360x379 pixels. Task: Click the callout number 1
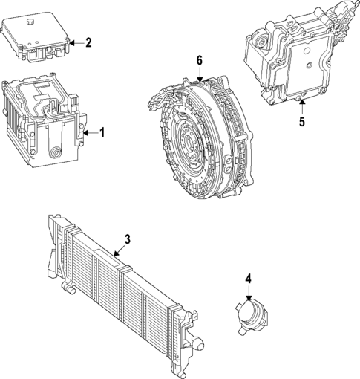(x=102, y=132)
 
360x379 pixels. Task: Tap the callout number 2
(x=88, y=42)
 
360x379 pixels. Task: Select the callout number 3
(x=127, y=239)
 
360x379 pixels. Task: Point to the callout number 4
(x=249, y=279)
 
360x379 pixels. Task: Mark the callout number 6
(x=199, y=60)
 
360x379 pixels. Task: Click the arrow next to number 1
(x=90, y=132)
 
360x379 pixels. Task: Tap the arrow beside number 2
(x=75, y=42)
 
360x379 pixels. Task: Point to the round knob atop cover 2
(x=31, y=25)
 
